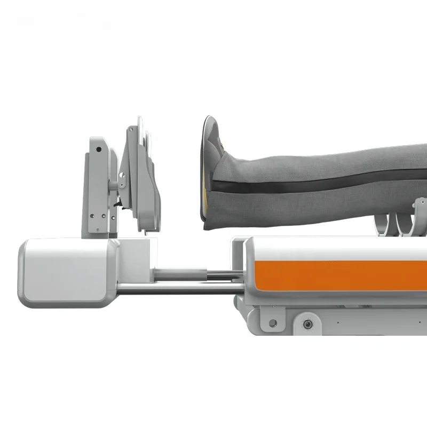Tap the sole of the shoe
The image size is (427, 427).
(206, 171)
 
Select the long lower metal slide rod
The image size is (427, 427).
(176, 289)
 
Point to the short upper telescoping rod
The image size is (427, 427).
(181, 273)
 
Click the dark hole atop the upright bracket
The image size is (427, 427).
(97, 150)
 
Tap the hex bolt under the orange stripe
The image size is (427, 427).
(307, 324)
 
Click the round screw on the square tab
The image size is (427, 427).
(273, 322)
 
